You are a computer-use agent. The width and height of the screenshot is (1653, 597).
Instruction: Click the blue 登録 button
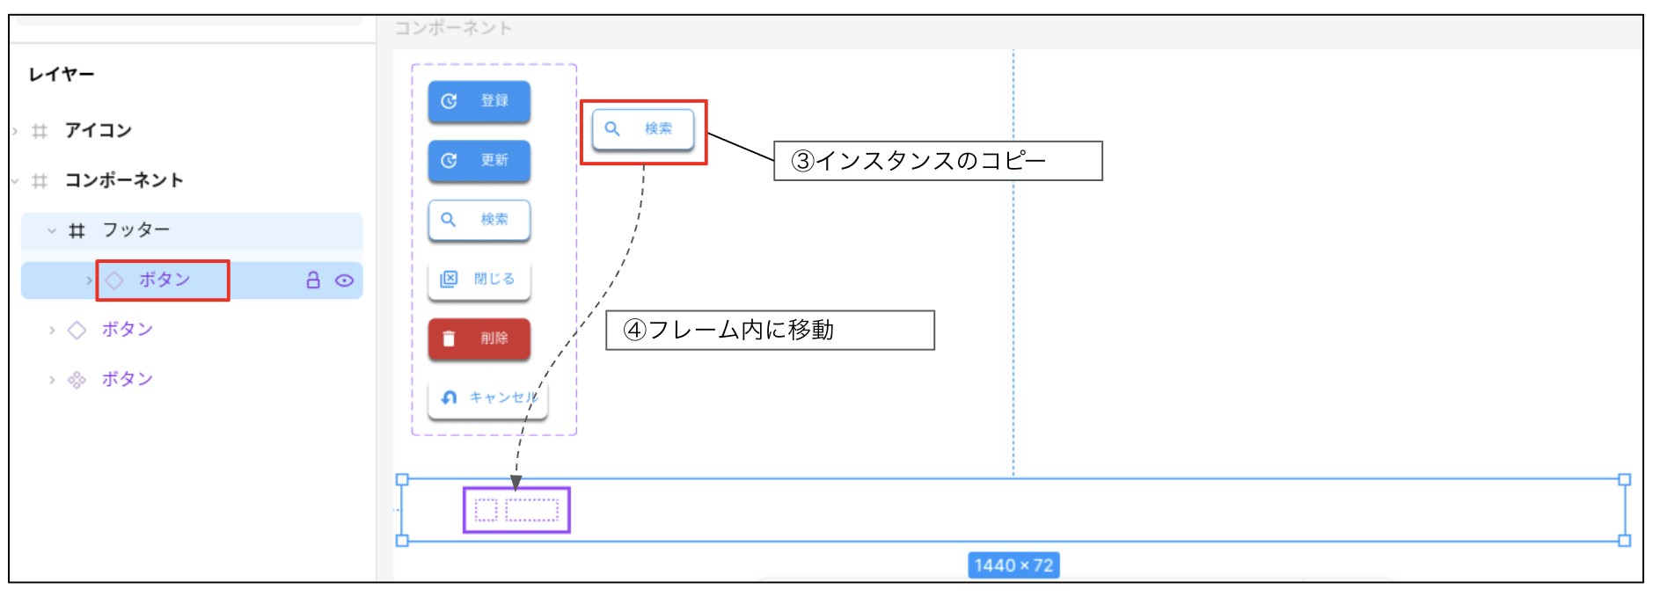click(x=479, y=101)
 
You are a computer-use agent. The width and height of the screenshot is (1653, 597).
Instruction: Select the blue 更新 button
click(x=479, y=160)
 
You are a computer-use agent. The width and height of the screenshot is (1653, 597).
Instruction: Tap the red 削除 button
click(x=479, y=339)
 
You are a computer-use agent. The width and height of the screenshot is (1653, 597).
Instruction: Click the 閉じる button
click(x=479, y=279)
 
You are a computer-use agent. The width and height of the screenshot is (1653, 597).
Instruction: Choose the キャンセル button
click(x=488, y=397)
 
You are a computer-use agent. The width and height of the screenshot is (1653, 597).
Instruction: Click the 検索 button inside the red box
click(x=643, y=129)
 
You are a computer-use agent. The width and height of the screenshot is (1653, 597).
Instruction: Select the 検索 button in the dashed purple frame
click(x=479, y=220)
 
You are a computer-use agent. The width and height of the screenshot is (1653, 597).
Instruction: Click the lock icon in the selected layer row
click(x=312, y=280)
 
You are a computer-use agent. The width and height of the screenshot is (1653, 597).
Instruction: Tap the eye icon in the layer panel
click(x=344, y=280)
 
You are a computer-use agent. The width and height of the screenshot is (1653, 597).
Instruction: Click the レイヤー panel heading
click(x=62, y=75)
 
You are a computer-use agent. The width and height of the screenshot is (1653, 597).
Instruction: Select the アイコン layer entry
click(x=98, y=131)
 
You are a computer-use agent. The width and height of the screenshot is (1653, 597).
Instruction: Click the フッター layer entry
click(x=135, y=230)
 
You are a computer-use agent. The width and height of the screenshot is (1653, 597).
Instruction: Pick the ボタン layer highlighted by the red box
click(x=164, y=280)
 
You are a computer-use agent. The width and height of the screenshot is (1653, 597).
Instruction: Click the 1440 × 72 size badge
click(x=1013, y=565)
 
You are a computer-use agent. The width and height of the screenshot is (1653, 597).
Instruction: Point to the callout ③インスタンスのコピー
click(x=938, y=161)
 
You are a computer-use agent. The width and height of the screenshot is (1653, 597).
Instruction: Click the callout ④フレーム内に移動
click(x=770, y=330)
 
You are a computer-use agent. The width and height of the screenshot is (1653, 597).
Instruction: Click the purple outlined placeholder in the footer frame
click(x=516, y=510)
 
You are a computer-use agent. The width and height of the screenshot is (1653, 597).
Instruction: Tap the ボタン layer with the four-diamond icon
click(x=127, y=380)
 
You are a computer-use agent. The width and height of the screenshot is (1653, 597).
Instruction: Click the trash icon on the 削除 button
click(x=449, y=339)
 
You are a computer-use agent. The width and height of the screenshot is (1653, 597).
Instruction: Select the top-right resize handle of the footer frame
click(x=1625, y=480)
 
